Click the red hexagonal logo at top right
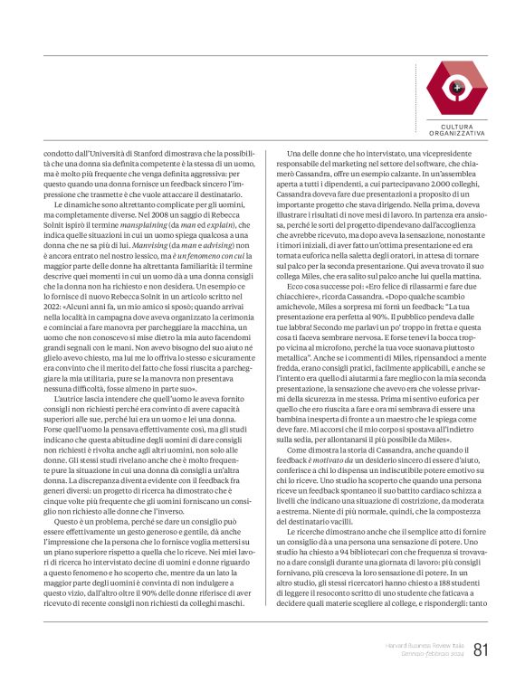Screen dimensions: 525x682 456,88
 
